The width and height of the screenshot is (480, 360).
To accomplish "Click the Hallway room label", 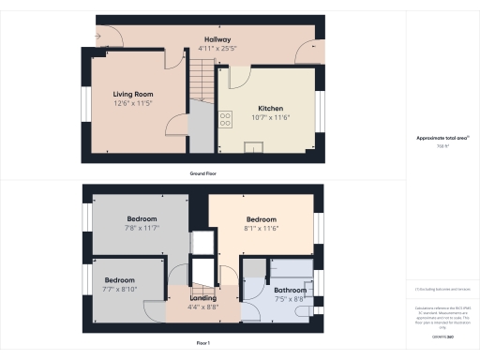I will click(x=218, y=38).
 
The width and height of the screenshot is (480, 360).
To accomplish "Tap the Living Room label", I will click(x=134, y=95).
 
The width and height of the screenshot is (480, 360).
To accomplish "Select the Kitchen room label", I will click(x=267, y=108).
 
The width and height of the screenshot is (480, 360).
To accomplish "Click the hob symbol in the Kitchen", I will click(x=225, y=119).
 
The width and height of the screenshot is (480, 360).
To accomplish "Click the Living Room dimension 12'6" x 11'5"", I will click(x=134, y=103).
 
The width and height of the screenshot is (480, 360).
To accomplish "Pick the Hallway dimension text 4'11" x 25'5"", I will click(x=218, y=47).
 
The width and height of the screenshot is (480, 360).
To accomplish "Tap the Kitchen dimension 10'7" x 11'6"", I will click(x=267, y=117).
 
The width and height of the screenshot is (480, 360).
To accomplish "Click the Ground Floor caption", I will click(x=204, y=174).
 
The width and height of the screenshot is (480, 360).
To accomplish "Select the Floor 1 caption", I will click(x=204, y=344).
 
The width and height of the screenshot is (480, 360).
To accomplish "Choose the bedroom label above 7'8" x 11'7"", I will click(x=141, y=218).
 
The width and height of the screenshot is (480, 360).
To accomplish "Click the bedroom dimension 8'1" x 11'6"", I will click(x=260, y=228).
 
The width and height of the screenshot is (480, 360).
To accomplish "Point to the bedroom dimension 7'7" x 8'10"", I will click(x=120, y=289).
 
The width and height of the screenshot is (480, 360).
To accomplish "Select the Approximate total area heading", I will click(x=442, y=138).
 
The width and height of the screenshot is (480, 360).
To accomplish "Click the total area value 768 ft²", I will click(x=442, y=146).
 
